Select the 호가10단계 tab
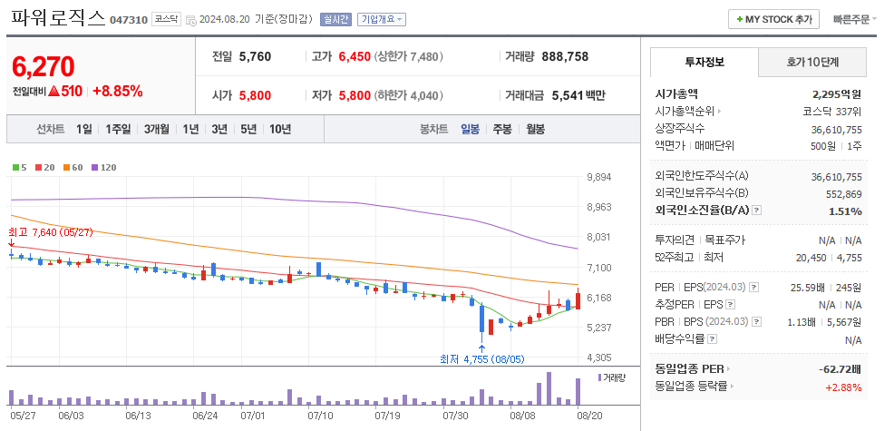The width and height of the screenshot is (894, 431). pyautogui.click(x=811, y=62)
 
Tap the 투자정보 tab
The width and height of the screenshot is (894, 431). pyautogui.click(x=704, y=62)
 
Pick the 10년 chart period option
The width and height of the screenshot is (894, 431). pyautogui.click(x=279, y=129)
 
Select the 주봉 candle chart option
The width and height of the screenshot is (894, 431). pyautogui.click(x=502, y=129)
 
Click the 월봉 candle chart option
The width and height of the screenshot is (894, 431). pyautogui.click(x=535, y=129)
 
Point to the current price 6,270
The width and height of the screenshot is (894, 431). pyautogui.click(x=44, y=66)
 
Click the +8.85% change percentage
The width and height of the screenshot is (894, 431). pyautogui.click(x=117, y=91)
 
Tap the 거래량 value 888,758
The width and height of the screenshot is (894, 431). pyautogui.click(x=565, y=56)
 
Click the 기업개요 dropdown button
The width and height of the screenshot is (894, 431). pyautogui.click(x=382, y=19)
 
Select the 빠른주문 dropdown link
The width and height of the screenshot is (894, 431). pyautogui.click(x=854, y=19)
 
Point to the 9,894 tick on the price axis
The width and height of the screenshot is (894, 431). pyautogui.click(x=599, y=177)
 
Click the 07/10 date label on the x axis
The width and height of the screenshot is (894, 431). pyautogui.click(x=320, y=416)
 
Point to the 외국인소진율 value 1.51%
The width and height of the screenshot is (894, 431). pyautogui.click(x=845, y=211)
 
